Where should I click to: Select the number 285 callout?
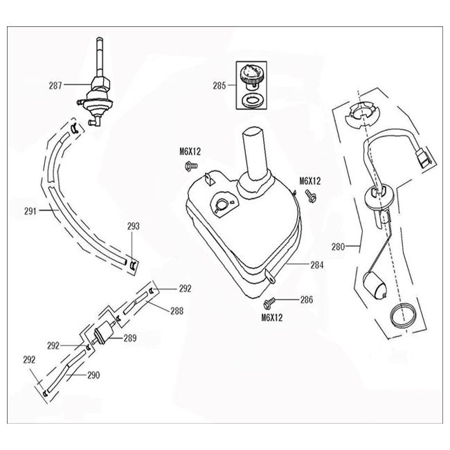click(x=220, y=87)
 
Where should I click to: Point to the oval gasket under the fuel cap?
click(x=251, y=102)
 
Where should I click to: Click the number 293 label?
click(x=134, y=226)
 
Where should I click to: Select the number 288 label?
click(x=177, y=311)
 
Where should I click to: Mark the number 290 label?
click(x=94, y=375)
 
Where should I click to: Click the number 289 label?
click(x=129, y=338)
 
